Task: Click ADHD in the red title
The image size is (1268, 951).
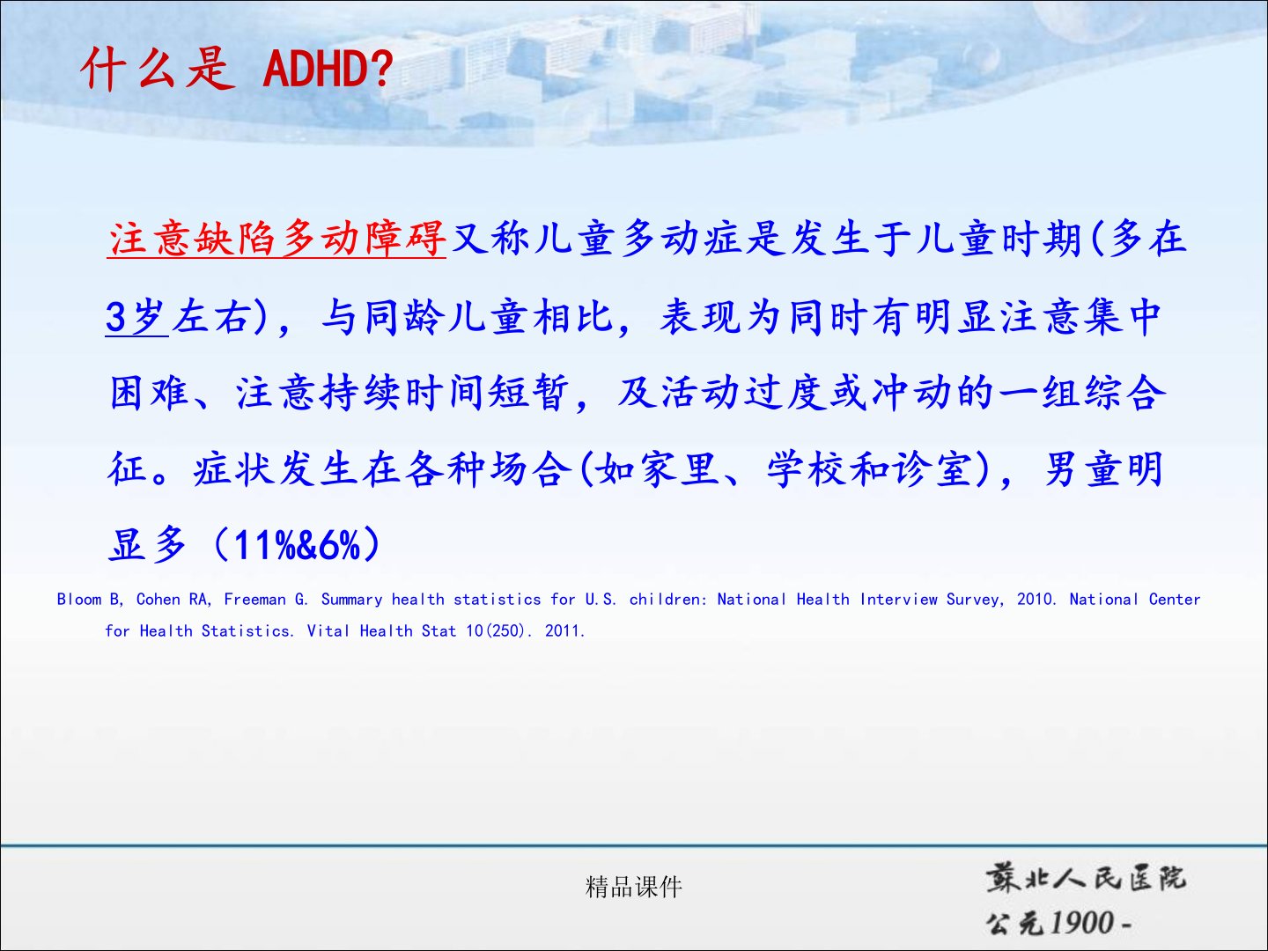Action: click(x=320, y=69)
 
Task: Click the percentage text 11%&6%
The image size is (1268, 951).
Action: click(x=297, y=544)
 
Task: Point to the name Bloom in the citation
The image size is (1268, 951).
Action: click(x=78, y=600)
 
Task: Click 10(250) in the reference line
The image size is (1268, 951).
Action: click(x=495, y=631)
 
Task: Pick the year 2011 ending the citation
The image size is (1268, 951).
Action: click(x=562, y=631)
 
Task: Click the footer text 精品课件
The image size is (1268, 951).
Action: click(x=634, y=887)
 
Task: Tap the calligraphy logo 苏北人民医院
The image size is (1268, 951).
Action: click(x=1086, y=879)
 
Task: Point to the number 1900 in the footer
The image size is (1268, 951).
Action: click(x=1083, y=922)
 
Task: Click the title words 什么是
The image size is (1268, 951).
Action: click(x=158, y=69)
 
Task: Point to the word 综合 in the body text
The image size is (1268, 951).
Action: click(x=1124, y=393)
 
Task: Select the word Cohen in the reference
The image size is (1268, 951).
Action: click(x=158, y=600)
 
